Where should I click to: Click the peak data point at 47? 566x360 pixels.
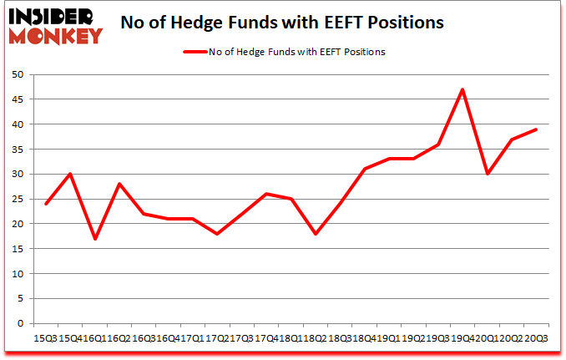[462, 89]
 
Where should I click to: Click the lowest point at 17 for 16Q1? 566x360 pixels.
[96, 239]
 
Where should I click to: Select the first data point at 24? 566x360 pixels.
[47, 204]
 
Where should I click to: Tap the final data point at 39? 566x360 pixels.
[535, 129]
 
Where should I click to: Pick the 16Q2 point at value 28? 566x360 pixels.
[120, 184]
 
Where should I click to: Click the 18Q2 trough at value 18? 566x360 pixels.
[316, 234]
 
